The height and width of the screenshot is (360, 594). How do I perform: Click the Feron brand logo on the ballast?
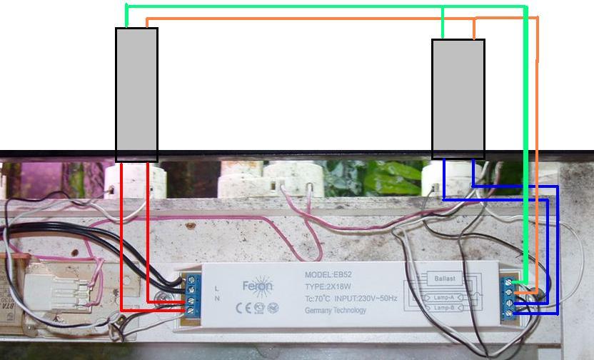pos(257,286)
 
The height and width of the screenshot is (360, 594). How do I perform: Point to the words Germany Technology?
pos(336,310)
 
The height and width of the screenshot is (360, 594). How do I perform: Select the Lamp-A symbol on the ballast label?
pos(443,296)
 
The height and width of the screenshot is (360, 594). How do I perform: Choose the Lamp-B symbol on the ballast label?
pos(443,308)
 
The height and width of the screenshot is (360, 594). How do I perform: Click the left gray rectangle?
pos(136,94)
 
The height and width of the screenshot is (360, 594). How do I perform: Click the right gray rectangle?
pos(458,99)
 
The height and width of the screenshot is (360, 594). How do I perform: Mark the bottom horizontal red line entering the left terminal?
pos(153,309)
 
